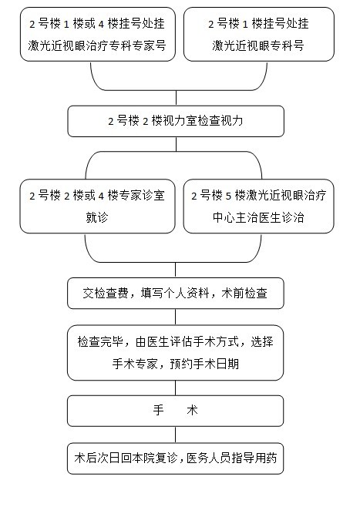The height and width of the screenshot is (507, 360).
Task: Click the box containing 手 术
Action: click(175, 411)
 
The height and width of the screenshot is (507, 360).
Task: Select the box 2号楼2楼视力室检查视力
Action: click(176, 121)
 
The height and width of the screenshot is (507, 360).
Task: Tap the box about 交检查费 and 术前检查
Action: click(176, 294)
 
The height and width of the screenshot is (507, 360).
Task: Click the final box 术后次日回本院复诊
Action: click(175, 458)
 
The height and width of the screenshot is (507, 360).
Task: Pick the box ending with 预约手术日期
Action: click(175, 353)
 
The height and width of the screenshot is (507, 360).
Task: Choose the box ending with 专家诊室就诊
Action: click(97, 206)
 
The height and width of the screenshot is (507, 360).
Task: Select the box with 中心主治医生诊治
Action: click(258, 206)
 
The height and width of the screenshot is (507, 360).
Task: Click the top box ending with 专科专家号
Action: click(98, 34)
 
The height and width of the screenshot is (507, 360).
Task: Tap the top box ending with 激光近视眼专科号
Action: click(259, 34)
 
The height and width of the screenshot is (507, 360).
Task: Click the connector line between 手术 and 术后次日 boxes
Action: click(175, 435)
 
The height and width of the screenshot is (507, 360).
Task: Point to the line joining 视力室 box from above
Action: click(176, 98)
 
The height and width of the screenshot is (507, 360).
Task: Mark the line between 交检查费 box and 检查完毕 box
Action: click(175, 317)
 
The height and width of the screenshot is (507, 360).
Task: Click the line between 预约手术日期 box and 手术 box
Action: click(175, 388)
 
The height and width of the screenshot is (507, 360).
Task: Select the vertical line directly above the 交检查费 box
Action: click(175, 270)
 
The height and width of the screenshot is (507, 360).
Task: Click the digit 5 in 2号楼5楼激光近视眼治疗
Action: click(229, 196)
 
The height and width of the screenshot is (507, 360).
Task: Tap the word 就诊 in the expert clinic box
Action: click(97, 217)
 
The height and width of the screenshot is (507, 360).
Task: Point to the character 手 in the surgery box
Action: click(159, 411)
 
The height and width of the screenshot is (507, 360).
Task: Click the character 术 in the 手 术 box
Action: click(192, 411)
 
